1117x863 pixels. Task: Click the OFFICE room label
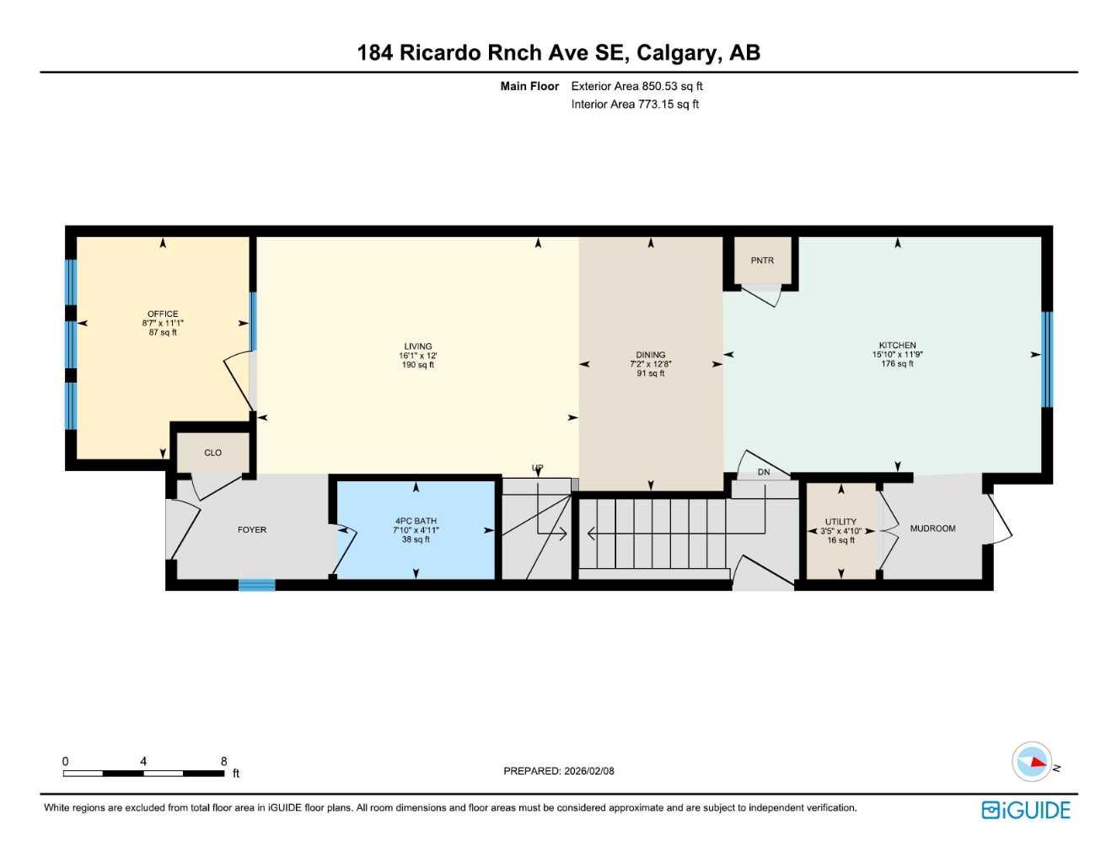163,314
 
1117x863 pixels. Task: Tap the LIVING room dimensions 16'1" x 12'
418,356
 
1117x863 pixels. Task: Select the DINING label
650,355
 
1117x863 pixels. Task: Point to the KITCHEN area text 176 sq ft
897,364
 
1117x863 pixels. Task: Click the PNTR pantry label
762,260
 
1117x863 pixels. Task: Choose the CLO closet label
212,453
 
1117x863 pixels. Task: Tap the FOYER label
252,530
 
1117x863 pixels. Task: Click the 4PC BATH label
416,521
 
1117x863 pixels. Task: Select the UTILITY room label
840,522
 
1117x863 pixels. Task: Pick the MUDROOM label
932,528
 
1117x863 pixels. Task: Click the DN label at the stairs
764,472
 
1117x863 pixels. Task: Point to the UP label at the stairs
537,468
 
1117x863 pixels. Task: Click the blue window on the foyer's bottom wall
257,585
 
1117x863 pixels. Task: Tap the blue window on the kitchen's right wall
1047,360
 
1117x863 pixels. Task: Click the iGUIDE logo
1026,810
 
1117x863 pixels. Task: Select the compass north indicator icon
1034,762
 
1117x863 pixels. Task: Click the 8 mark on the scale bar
223,761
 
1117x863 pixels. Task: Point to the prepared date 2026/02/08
588,771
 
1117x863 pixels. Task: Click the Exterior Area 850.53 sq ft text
636,86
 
